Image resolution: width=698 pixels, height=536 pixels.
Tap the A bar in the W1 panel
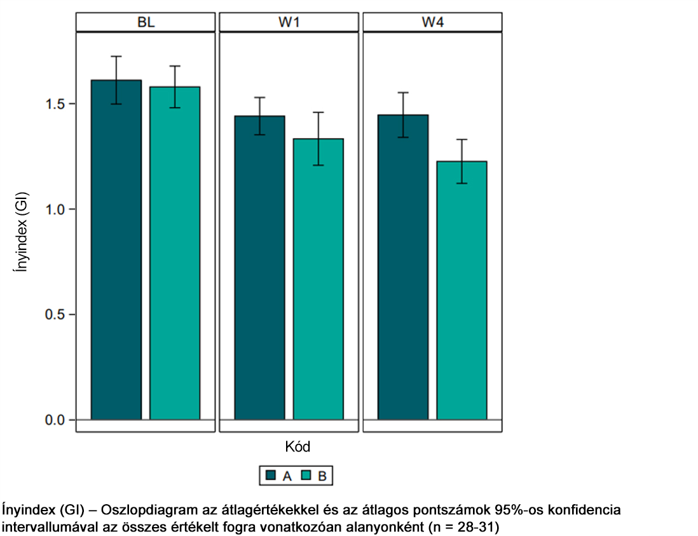coord(259,268)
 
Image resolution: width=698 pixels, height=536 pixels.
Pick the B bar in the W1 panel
coord(318,279)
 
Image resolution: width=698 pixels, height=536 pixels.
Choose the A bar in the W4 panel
coord(403,267)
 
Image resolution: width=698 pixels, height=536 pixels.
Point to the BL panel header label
coord(146,23)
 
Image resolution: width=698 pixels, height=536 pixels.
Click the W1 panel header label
coord(289,23)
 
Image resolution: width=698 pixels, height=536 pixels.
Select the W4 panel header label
coord(433,23)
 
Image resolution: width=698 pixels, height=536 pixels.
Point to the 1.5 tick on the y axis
coord(55,104)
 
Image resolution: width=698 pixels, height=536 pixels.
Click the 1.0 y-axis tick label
coord(55,209)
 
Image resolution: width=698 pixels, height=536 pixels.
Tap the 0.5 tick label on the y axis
coord(55,315)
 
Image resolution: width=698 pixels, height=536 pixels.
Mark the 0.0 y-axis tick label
coord(55,420)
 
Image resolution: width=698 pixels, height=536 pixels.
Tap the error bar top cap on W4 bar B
coord(462,139)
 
